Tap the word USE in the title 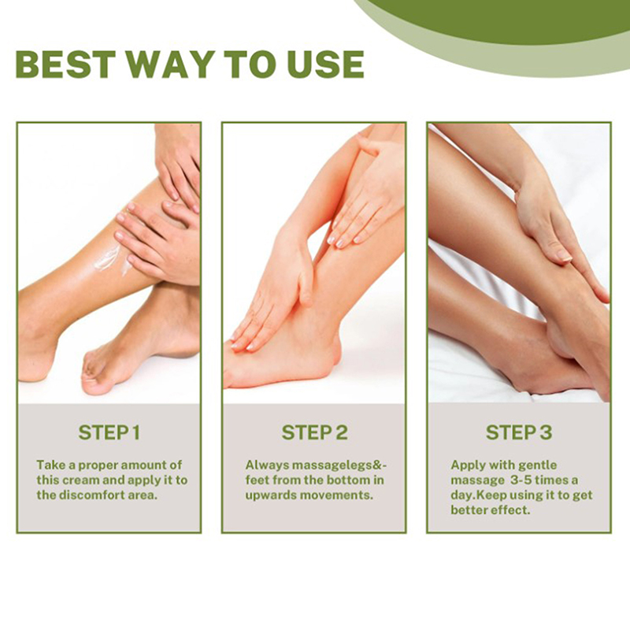click(x=326, y=65)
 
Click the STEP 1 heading click(x=109, y=432)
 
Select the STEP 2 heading click(x=314, y=432)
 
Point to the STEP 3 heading click(x=519, y=432)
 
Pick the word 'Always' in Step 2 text click(x=267, y=465)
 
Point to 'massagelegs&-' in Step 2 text click(x=339, y=465)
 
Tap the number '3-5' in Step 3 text click(x=521, y=480)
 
